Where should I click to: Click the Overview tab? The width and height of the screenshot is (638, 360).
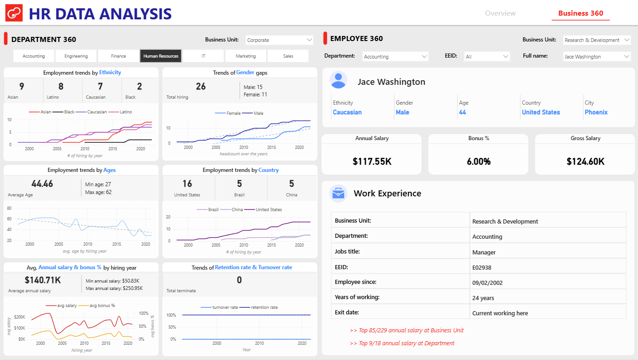point(500,13)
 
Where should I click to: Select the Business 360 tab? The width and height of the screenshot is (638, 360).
point(580,13)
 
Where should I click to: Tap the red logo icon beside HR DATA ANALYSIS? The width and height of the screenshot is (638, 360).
point(14,13)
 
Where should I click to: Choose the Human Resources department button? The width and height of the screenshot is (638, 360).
point(161,56)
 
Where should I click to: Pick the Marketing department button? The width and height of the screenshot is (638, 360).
point(246,56)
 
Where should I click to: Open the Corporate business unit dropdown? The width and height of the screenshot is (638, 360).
point(280,40)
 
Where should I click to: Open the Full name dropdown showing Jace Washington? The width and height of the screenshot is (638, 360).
point(597,56)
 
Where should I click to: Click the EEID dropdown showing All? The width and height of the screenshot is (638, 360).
point(487,56)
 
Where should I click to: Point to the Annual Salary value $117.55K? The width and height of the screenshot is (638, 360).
point(372,162)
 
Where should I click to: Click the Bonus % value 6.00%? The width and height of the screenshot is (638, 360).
point(479,162)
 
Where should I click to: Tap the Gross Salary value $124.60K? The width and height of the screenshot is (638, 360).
point(585,162)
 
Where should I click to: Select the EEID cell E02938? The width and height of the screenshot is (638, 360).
point(482,267)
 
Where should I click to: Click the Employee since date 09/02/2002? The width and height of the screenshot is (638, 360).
point(487,283)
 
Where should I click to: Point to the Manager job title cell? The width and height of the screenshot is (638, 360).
point(484,252)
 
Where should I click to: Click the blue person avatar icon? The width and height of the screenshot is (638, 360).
point(339,80)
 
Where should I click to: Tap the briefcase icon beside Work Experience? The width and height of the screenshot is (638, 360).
point(339,194)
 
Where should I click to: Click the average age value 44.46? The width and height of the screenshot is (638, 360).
point(42,184)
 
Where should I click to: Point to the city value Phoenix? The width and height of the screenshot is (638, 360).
point(596,112)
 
